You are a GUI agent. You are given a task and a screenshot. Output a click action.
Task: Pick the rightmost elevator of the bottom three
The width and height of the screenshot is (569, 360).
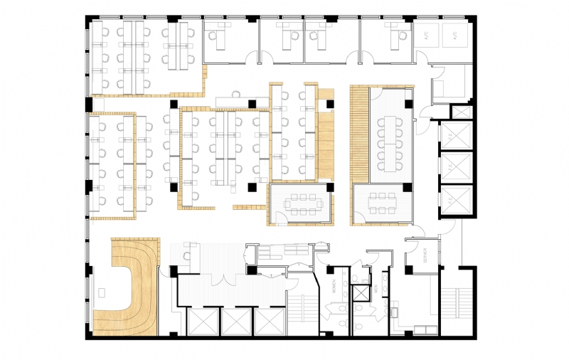(270, 322)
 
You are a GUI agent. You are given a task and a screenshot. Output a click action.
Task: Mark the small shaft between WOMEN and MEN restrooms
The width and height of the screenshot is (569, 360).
(362, 290)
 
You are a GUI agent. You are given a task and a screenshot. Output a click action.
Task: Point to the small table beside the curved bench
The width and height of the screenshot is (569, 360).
(104, 292)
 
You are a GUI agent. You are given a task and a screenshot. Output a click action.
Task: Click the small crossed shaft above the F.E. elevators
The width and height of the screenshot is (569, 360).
(462, 112)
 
